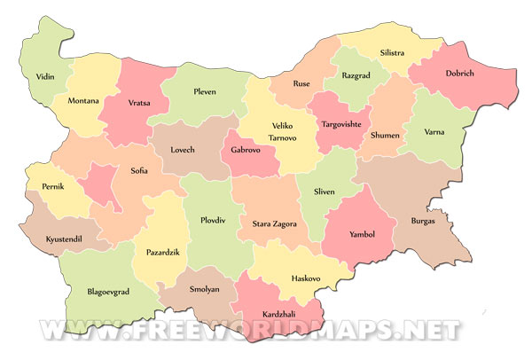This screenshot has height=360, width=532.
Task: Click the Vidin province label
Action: (45, 77)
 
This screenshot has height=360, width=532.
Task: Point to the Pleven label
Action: (206, 90)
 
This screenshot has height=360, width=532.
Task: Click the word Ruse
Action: (301, 84)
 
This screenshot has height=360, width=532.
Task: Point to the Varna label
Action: (434, 133)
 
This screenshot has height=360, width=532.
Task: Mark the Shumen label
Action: (386, 136)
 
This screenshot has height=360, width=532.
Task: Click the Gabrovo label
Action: (244, 152)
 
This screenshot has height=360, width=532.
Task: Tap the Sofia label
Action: (139, 170)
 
